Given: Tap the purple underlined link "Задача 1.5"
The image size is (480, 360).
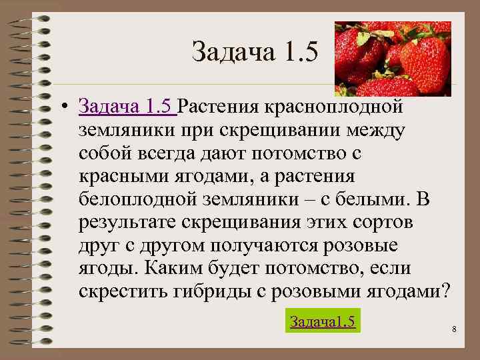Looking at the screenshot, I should (127, 105).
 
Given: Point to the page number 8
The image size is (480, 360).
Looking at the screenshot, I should (453, 329).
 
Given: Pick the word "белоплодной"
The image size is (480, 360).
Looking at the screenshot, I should (131, 199).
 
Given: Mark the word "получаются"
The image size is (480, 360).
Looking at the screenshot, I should (261, 245).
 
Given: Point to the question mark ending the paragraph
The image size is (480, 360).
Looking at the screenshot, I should (446, 292).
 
